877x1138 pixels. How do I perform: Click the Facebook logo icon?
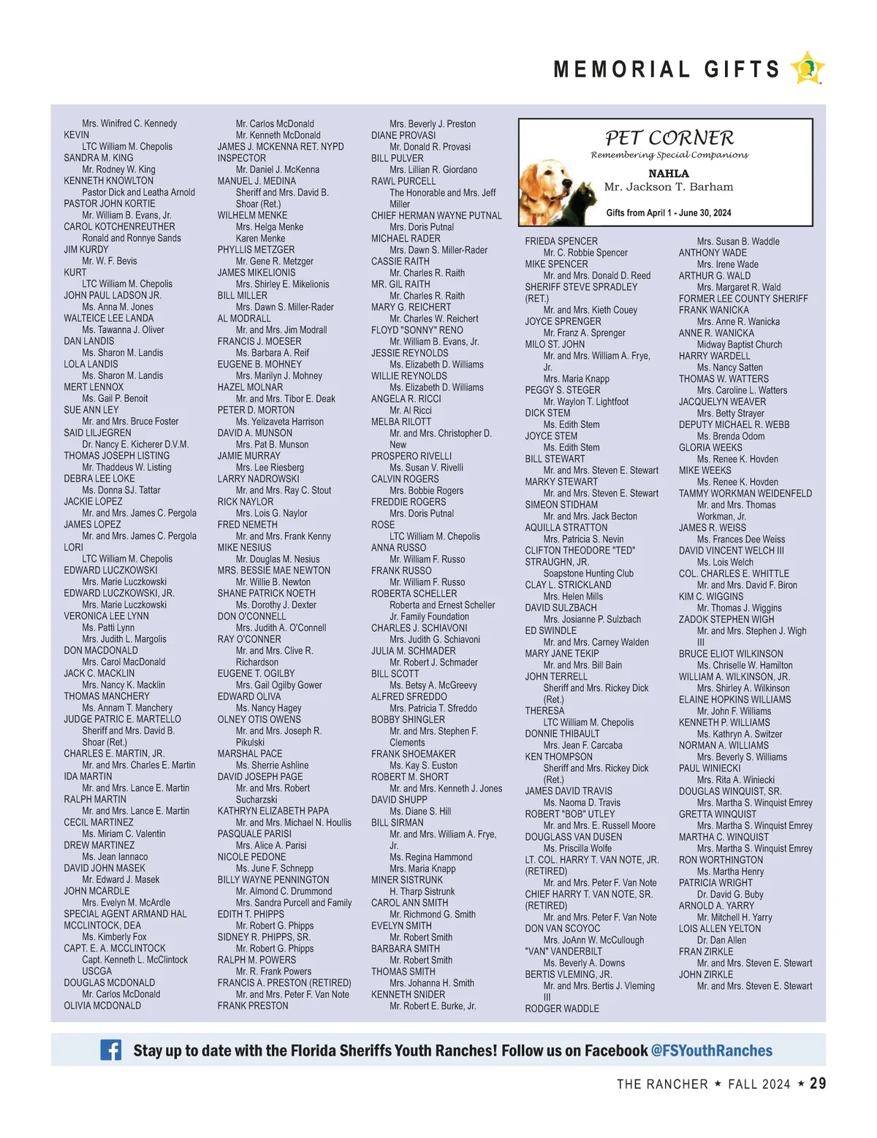(111, 1050)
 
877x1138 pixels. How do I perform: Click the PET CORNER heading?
(669, 138)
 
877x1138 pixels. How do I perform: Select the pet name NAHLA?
(668, 174)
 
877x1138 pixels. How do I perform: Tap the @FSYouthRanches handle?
(711, 1050)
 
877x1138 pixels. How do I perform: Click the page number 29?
(818, 1083)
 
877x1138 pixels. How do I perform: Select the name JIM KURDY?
(86, 249)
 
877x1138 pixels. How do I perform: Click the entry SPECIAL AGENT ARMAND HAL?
(125, 914)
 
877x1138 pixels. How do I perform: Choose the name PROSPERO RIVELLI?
(411, 456)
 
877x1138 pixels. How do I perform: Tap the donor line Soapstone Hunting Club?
(588, 573)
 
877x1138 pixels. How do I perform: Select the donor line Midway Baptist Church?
(739, 345)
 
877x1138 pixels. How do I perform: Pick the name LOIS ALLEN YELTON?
(719, 928)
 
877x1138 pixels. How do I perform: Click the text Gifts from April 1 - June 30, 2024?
(668, 213)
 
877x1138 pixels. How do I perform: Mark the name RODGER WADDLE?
(561, 1009)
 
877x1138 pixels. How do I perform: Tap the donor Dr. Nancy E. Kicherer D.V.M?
(135, 444)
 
